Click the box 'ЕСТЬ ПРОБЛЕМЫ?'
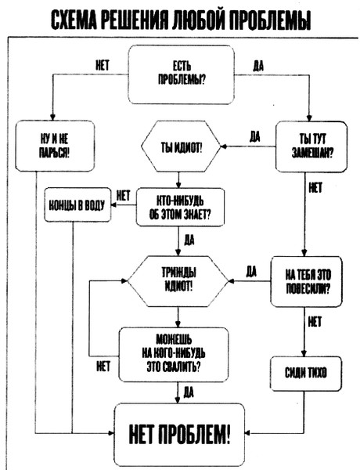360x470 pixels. pyautogui.click(x=182, y=74)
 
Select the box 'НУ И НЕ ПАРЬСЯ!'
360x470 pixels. pyautogui.click(x=55, y=146)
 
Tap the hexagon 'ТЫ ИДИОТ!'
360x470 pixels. pyautogui.click(x=181, y=146)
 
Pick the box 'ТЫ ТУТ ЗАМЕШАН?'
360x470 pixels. pyautogui.click(x=311, y=146)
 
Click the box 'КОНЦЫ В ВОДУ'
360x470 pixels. pyautogui.click(x=77, y=205)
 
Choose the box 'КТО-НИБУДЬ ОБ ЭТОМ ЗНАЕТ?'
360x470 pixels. pyautogui.click(x=180, y=207)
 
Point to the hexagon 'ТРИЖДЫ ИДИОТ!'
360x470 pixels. pyautogui.click(x=178, y=281)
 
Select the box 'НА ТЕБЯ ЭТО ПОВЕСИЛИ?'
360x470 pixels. pyautogui.click(x=306, y=281)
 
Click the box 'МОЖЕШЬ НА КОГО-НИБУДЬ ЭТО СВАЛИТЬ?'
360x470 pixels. pyautogui.click(x=174, y=355)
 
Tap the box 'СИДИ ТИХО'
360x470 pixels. pyautogui.click(x=306, y=374)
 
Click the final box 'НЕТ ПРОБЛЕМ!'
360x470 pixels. pyautogui.click(x=180, y=434)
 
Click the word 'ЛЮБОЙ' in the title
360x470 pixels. pyautogui.click(x=198, y=20)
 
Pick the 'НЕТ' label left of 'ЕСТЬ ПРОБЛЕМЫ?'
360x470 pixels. pyautogui.click(x=103, y=65)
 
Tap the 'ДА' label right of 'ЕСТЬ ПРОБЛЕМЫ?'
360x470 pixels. pyautogui.click(x=258, y=66)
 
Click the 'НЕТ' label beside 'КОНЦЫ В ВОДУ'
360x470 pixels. pyautogui.click(x=123, y=196)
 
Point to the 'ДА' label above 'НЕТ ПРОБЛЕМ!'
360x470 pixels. pyautogui.click(x=189, y=392)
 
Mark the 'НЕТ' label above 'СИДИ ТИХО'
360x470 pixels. pyautogui.click(x=315, y=322)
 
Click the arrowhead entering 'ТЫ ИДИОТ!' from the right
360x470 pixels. pyautogui.click(x=223, y=146)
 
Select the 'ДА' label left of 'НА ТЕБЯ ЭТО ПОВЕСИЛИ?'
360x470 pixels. pyautogui.click(x=251, y=272)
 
